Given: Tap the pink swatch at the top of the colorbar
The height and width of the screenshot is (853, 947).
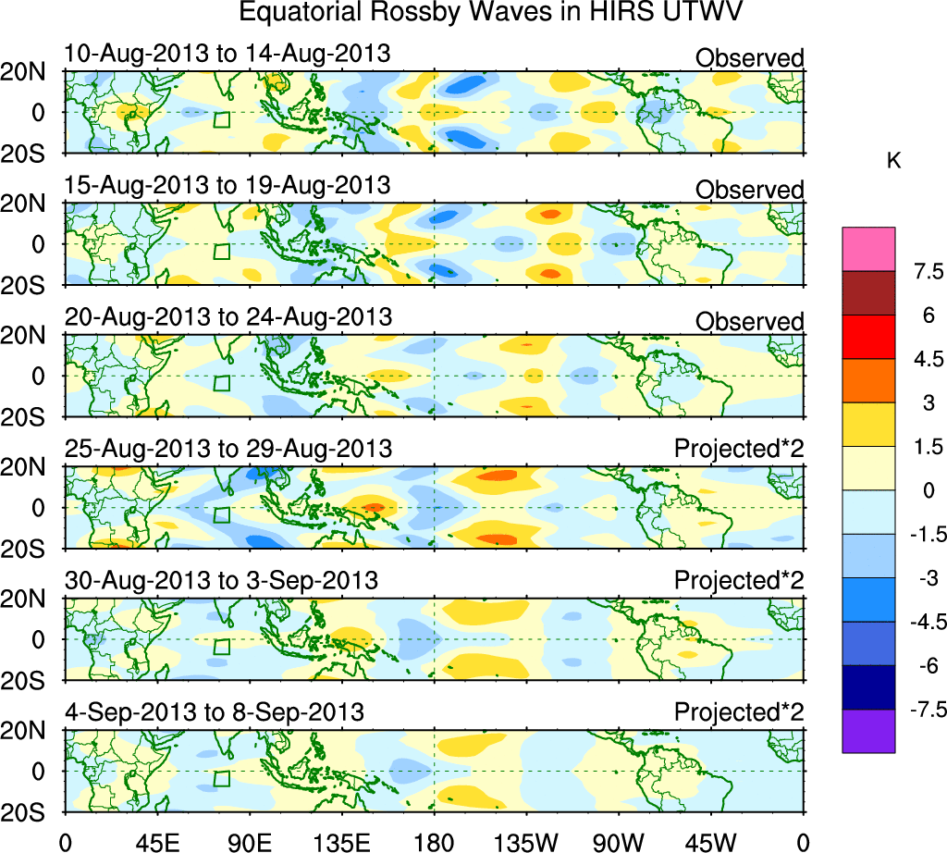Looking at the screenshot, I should tap(868, 249).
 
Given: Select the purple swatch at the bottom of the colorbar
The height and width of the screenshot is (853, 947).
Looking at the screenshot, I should tap(868, 731).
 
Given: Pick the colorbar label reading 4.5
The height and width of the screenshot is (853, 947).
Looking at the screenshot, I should tap(923, 359).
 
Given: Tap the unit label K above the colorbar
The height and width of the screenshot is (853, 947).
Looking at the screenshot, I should tap(894, 161).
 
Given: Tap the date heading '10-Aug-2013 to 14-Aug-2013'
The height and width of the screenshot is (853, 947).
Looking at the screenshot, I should tap(228, 55).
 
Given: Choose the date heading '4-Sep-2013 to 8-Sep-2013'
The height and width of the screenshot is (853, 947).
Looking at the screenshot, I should tap(214, 712).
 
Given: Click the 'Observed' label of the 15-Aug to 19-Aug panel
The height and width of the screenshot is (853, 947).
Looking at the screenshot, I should tap(750, 190).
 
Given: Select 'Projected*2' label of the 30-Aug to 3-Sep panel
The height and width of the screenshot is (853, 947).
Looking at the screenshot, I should tap(739, 581).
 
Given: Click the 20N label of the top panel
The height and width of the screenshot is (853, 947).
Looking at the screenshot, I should tap(30, 73).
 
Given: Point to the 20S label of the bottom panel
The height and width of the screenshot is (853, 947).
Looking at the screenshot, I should tap(30, 810).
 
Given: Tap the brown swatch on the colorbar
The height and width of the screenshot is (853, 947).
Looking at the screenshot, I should tap(868, 292).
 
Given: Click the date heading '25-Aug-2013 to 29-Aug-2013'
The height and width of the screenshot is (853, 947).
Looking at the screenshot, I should tap(228, 449).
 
